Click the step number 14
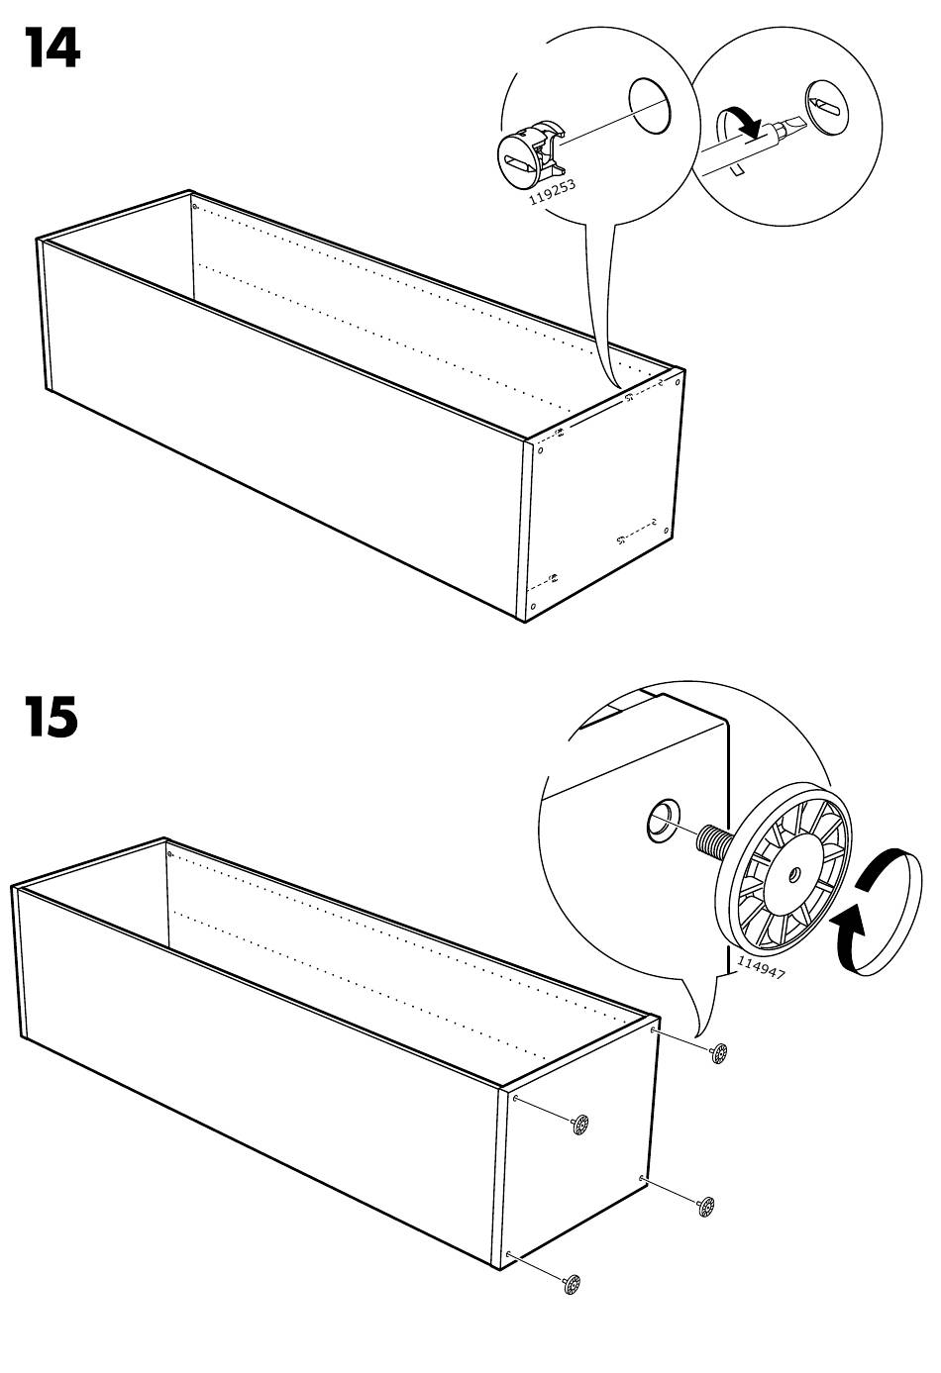[x=52, y=49]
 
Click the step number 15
[x=52, y=718]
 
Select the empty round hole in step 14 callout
[x=650, y=105]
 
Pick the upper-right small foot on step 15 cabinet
[x=718, y=1053]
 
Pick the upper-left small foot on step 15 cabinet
[x=579, y=1124]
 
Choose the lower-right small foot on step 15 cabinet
[x=706, y=1207]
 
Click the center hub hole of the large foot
[x=795, y=873]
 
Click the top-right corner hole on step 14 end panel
[x=678, y=382]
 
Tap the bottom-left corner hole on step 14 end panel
[x=533, y=607]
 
